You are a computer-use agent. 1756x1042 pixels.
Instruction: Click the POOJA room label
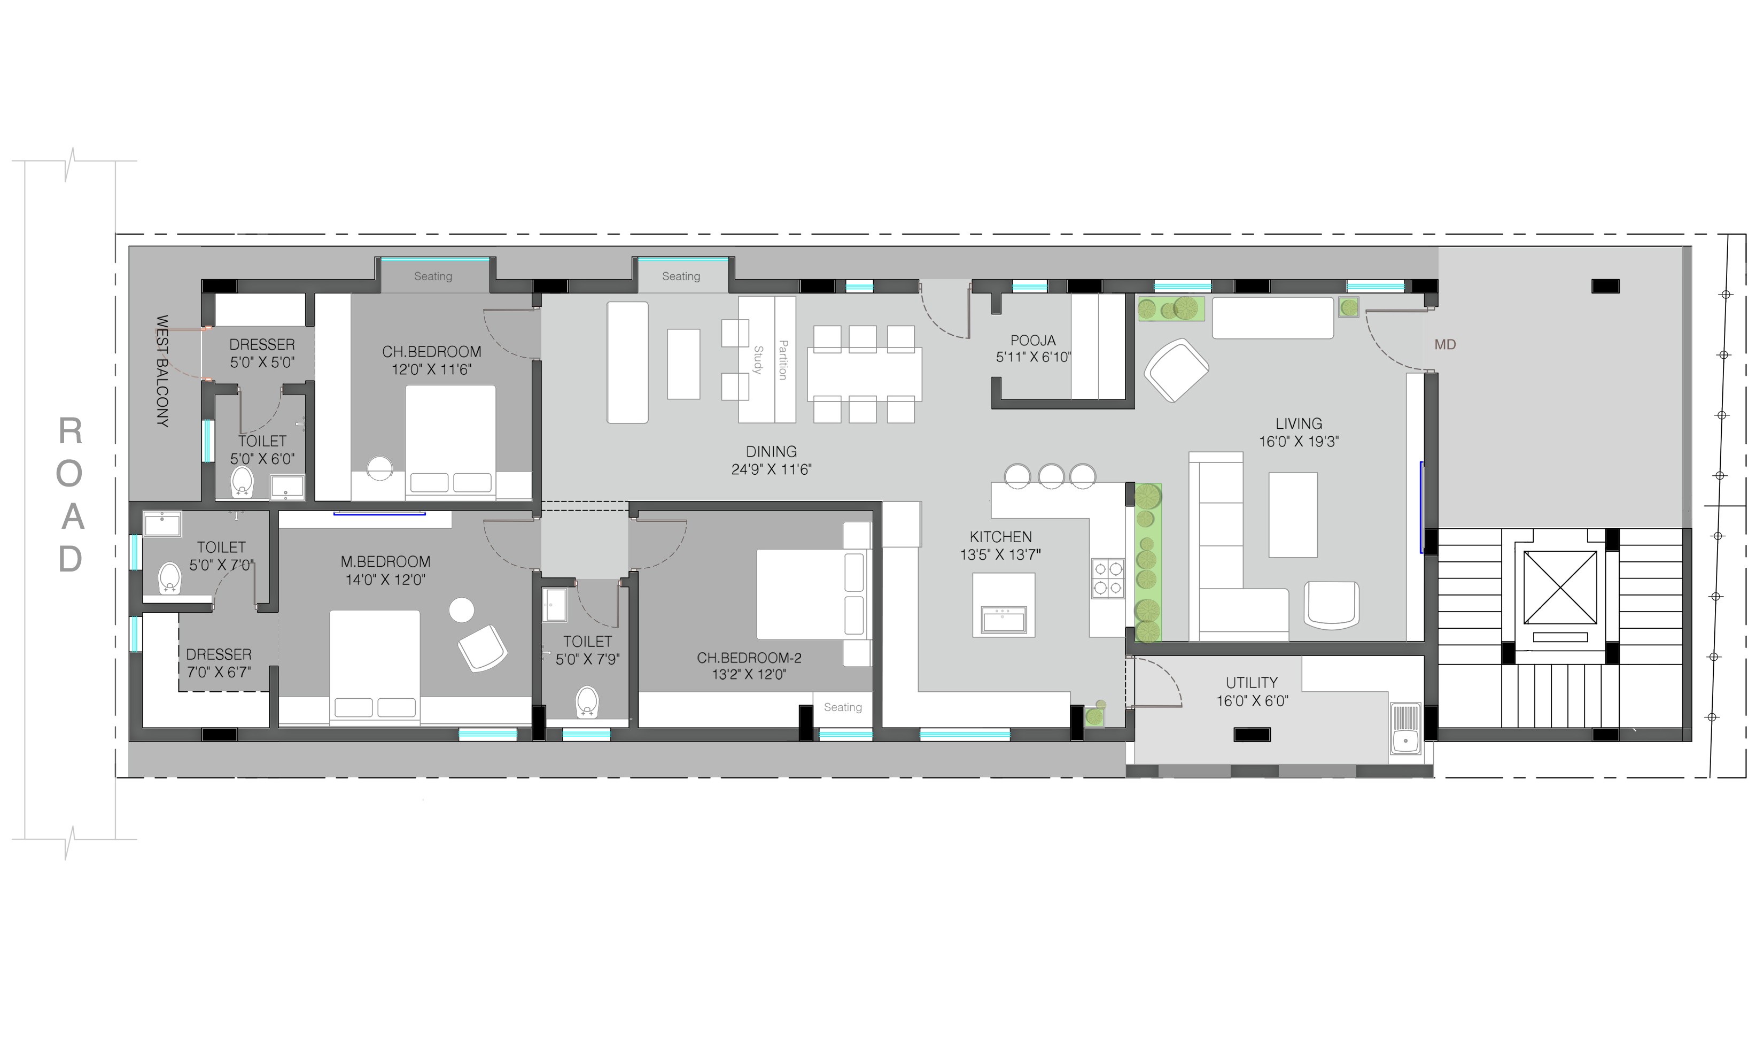(x=1032, y=341)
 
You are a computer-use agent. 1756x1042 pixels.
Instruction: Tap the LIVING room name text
(x=1299, y=423)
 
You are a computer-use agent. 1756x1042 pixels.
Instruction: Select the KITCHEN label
(x=1000, y=536)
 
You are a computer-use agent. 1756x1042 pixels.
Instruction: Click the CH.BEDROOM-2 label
(x=749, y=658)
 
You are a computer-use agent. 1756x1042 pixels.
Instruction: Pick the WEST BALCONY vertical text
(x=162, y=371)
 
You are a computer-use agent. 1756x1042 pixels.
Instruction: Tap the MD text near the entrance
(x=1445, y=345)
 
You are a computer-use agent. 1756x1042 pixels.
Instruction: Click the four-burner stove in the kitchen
(x=1107, y=578)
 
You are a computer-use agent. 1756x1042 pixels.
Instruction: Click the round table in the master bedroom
(x=461, y=609)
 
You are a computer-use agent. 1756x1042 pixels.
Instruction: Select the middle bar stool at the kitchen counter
(x=1051, y=475)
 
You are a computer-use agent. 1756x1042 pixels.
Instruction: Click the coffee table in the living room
(x=1293, y=515)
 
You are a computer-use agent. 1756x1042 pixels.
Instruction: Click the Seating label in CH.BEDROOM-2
(x=842, y=707)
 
